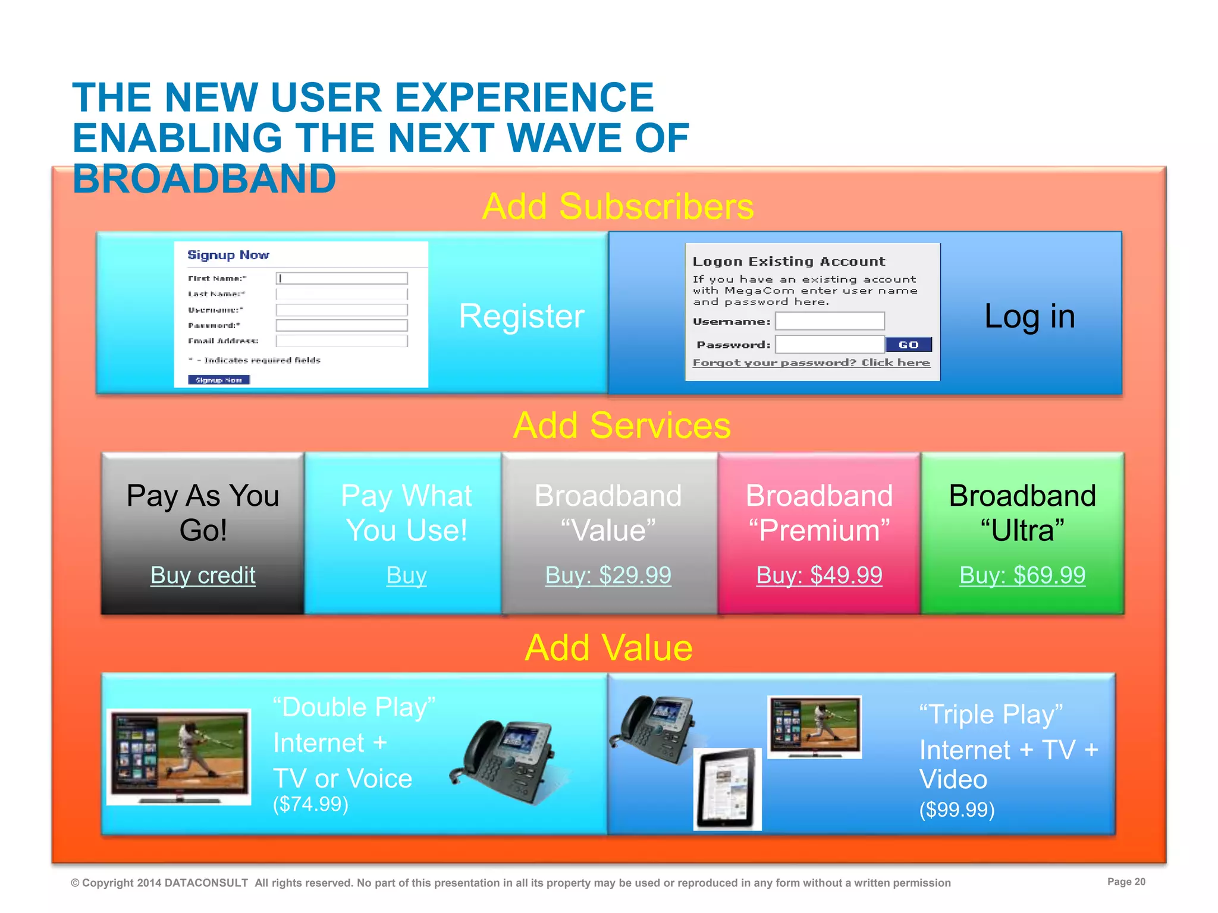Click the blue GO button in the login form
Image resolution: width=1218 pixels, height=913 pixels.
point(908,345)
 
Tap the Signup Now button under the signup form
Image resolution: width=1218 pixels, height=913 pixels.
point(219,380)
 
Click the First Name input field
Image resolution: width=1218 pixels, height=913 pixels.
point(342,278)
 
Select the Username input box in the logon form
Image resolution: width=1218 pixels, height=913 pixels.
point(830,322)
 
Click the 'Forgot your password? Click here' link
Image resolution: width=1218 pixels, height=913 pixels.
point(811,363)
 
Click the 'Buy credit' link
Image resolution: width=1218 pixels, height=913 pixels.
point(203,575)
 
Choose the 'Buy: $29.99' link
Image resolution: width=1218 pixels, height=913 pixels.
point(608,575)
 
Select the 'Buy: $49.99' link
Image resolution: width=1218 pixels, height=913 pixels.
point(819,575)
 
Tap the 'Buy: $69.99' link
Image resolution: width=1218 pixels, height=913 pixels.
point(1022,575)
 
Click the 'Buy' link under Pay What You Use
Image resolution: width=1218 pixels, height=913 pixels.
point(406,575)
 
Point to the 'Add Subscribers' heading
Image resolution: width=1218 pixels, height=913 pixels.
point(618,207)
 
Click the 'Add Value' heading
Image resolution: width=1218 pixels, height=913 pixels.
point(608,647)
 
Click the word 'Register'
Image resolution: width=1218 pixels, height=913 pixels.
point(522,316)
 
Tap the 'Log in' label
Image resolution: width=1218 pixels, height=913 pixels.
point(1029,316)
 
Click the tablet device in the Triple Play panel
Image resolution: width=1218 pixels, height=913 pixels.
point(728,789)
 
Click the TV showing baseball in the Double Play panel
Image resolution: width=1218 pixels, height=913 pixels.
point(179,756)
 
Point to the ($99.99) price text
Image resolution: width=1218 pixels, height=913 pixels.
point(957,810)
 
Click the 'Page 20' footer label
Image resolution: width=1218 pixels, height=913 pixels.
point(1126,881)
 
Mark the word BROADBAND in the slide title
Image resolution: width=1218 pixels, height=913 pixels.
point(204,179)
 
